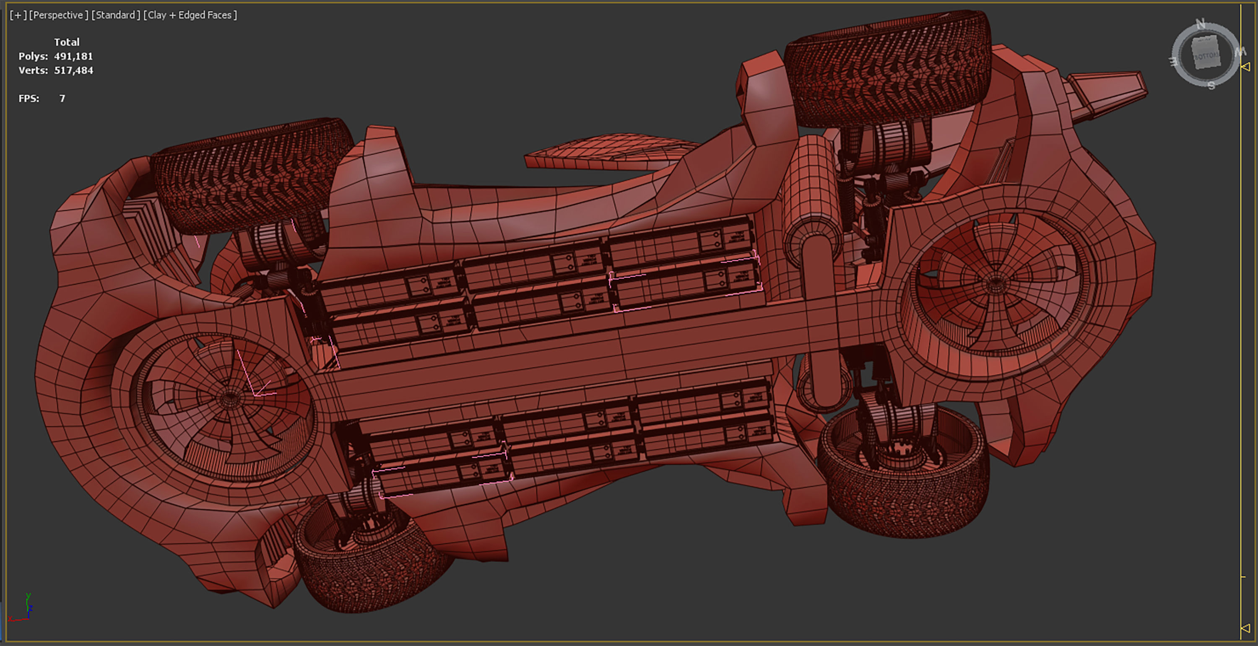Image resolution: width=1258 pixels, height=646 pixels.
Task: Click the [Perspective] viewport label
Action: coord(59,15)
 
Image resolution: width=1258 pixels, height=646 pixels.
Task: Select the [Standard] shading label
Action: coord(115,15)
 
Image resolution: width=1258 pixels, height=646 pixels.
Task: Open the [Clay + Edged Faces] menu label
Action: coord(190,15)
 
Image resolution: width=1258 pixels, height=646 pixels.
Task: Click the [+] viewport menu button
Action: coord(18,15)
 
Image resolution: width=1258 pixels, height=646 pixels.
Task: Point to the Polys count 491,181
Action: coord(73,56)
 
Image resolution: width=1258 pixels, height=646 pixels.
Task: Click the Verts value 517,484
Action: coord(73,70)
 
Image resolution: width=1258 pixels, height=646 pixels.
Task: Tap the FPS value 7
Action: coord(62,99)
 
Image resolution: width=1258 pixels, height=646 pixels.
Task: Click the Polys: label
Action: coord(33,56)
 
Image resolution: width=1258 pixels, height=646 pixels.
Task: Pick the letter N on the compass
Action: coord(1201,23)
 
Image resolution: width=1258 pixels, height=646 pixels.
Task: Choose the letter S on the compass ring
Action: coord(1211,86)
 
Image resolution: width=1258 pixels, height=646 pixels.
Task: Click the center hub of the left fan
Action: coord(228,398)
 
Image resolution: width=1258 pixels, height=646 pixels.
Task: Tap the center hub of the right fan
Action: coord(995,282)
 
